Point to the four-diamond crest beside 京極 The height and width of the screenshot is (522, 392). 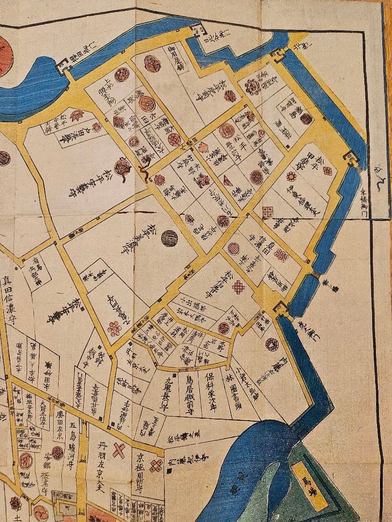point(156,466)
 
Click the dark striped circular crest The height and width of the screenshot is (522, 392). point(169,238)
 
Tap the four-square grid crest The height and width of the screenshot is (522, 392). point(267,211)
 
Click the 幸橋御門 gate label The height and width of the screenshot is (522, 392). point(378,199)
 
